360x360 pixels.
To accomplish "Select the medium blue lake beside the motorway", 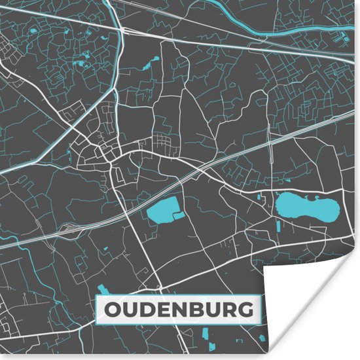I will tap(161, 211).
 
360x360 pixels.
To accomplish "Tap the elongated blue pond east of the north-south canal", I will tap(154, 63).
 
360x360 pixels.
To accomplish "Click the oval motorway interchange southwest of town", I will tap(69, 230).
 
